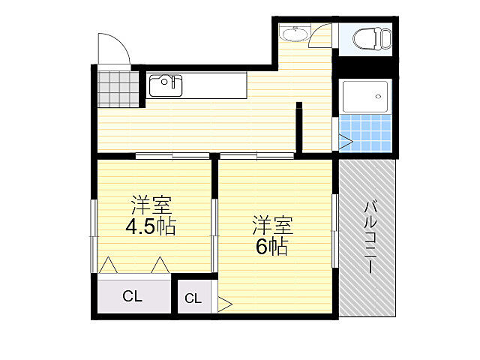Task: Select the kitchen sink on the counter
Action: [165, 85]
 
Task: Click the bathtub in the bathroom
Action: [365, 95]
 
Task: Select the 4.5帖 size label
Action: [150, 226]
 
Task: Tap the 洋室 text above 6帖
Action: [271, 224]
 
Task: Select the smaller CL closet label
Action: [193, 298]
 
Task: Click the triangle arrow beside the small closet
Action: [224, 304]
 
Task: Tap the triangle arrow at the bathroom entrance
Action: [344, 140]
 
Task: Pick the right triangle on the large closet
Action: [159, 265]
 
